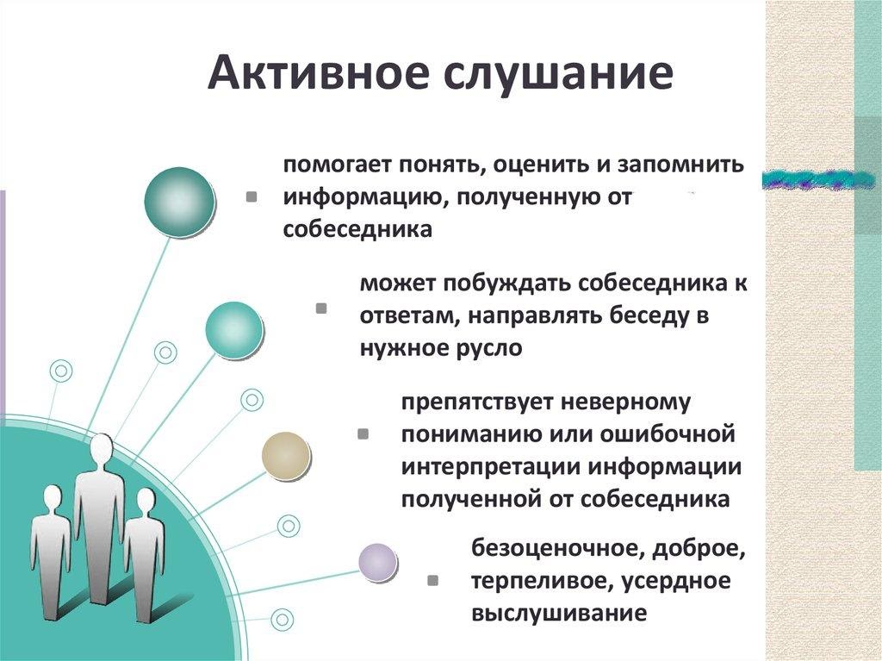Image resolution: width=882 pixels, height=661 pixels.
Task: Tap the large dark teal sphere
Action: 179,203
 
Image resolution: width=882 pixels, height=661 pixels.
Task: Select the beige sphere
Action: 286,456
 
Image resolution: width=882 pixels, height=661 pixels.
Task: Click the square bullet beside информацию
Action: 252,196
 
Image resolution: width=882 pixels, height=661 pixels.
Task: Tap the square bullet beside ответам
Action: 321,308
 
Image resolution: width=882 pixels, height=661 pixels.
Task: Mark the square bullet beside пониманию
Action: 363,434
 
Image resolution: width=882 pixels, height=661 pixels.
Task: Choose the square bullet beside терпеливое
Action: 432,581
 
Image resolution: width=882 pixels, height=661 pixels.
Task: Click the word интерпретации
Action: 491,468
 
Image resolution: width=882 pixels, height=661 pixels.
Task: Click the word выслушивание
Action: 558,613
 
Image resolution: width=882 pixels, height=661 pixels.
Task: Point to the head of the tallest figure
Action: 102,449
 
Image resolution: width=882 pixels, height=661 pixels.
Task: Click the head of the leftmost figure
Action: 53,498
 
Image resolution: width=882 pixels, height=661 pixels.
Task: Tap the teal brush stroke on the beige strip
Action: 819,178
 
